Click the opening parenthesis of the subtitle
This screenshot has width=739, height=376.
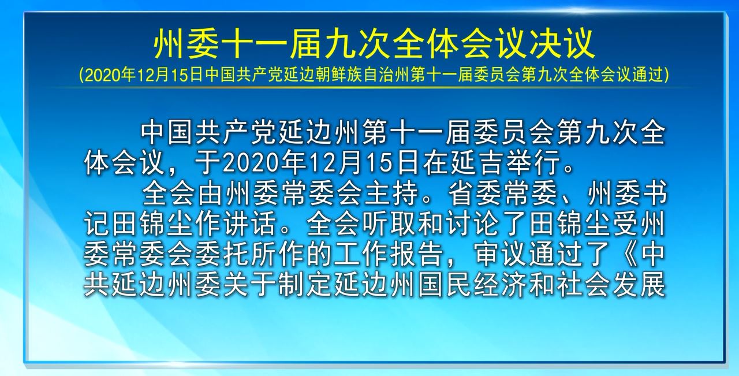(81, 76)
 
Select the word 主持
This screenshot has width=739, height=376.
(392, 193)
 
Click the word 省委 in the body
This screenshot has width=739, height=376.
(475, 193)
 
